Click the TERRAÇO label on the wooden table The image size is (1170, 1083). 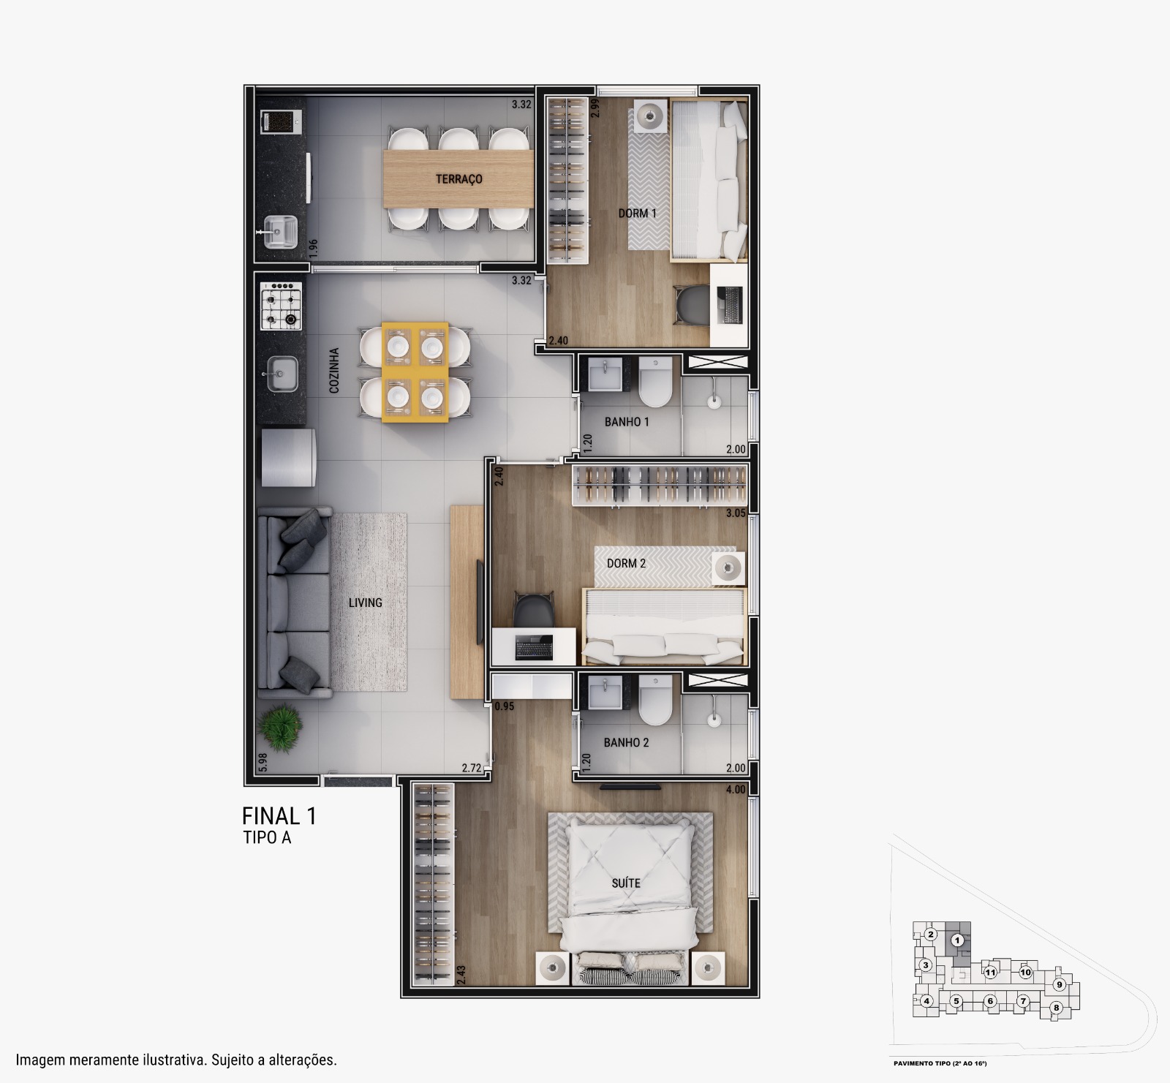[x=459, y=179]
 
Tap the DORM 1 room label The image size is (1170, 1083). [x=638, y=214]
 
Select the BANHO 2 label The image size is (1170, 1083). [x=627, y=743]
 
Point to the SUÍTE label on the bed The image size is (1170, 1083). [x=626, y=883]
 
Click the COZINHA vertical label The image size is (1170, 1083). [x=335, y=371]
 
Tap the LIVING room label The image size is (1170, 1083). [x=366, y=603]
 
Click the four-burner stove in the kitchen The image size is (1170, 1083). [x=281, y=305]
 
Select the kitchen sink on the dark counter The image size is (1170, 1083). [x=281, y=375]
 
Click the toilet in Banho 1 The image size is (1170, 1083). [x=654, y=382]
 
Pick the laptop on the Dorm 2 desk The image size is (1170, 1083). [x=534, y=647]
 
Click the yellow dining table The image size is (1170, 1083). [x=415, y=372]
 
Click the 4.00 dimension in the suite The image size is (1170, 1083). [x=736, y=790]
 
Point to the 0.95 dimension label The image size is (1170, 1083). [x=505, y=707]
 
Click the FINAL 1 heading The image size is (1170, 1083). [x=279, y=816]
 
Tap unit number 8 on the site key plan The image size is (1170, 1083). [x=1056, y=1008]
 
